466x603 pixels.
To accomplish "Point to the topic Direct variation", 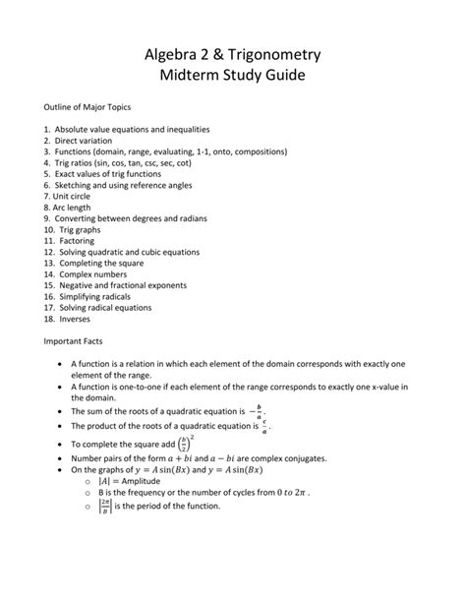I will click(87, 143).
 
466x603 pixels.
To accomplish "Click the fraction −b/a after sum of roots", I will click(258, 411).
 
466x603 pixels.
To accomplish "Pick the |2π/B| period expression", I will click(103, 507).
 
